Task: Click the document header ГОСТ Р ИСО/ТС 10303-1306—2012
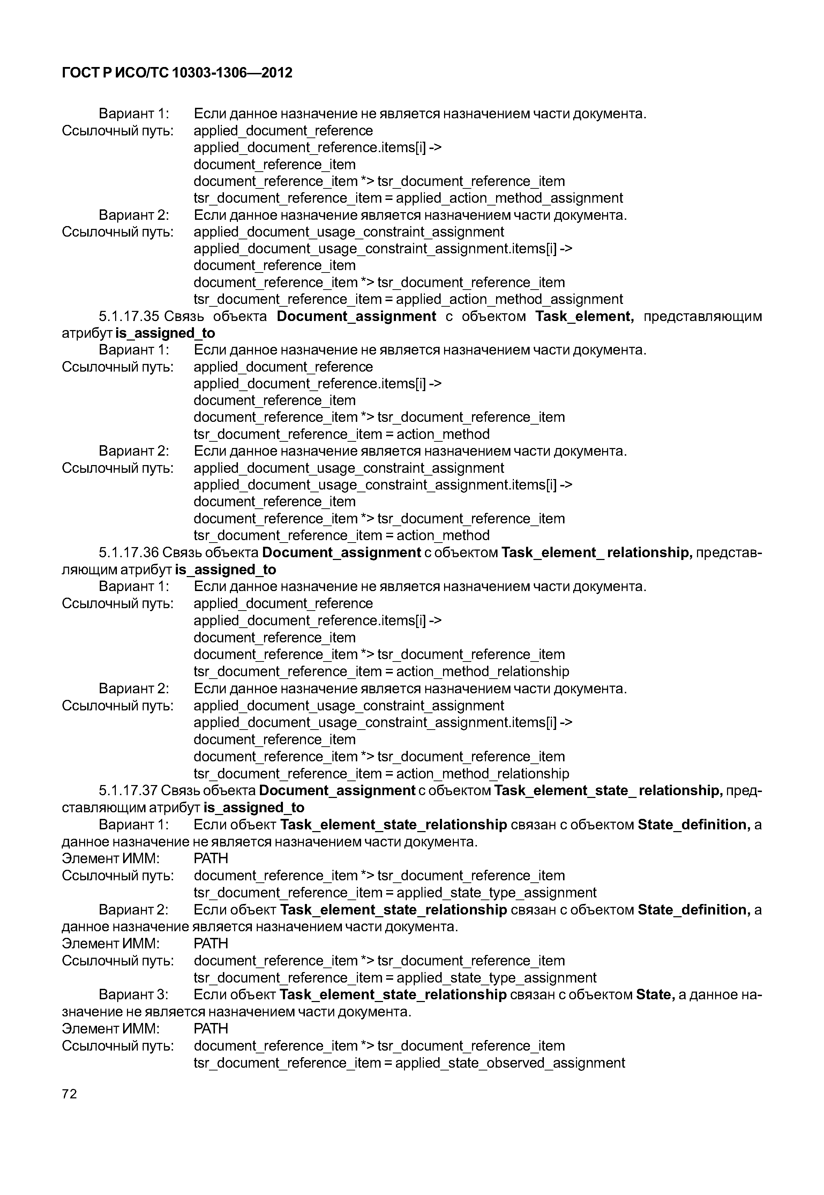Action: (x=177, y=73)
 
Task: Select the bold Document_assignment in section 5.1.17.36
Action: (x=341, y=553)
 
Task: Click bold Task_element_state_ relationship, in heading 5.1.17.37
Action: (x=608, y=791)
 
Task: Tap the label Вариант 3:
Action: (x=134, y=995)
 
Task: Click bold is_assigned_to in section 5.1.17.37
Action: (x=254, y=808)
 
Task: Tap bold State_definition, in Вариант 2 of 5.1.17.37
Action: (x=694, y=910)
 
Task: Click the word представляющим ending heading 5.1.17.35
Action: (x=703, y=316)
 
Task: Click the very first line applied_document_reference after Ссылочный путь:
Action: (x=283, y=130)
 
